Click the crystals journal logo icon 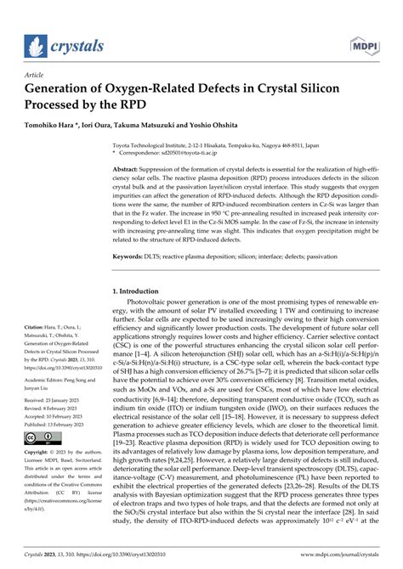pos(35,45)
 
